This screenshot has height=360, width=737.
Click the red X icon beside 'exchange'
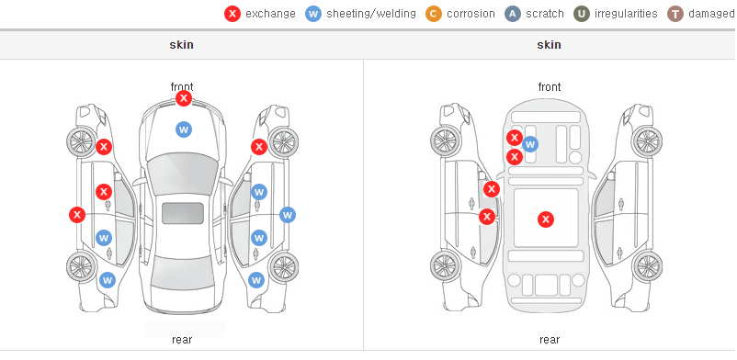(232, 14)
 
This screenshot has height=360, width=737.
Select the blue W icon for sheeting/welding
(313, 14)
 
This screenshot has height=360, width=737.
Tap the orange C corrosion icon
(434, 14)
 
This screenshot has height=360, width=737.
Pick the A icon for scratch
(513, 14)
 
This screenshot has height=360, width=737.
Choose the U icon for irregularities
(581, 14)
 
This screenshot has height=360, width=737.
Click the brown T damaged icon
(675, 14)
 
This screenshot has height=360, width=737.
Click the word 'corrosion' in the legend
(471, 14)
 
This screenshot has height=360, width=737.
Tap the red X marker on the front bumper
(184, 98)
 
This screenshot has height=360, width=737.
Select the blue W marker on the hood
(184, 129)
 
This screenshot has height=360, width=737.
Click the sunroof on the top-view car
(183, 213)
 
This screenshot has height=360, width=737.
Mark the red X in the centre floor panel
(546, 219)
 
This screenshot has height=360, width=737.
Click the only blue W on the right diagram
(530, 144)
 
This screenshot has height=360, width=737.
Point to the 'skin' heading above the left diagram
(181, 45)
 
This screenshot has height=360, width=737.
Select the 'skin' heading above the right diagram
(549, 45)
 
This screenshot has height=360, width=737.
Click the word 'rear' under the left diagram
(182, 340)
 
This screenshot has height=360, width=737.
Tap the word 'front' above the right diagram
(550, 87)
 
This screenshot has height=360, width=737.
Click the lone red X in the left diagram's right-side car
(259, 147)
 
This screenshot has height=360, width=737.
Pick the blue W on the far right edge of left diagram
(288, 215)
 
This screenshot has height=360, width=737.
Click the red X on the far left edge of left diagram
(77, 215)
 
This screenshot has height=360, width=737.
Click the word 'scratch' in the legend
(545, 14)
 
